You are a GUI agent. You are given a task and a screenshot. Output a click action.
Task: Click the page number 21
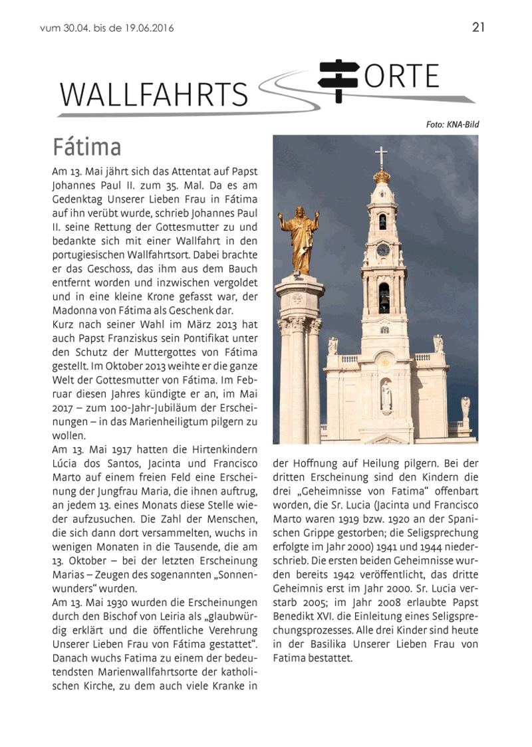coord(478,27)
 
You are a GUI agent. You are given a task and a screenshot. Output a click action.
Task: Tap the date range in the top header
coord(106,29)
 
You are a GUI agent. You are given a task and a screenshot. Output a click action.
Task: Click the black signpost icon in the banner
coord(338,80)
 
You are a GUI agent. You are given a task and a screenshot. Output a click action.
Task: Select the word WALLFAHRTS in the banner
coord(154,95)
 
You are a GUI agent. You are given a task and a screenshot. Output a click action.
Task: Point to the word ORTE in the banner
coord(402,77)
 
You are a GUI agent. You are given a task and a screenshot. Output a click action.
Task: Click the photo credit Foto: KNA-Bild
coord(452,124)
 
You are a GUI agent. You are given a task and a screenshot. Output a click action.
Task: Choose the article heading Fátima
coord(86,146)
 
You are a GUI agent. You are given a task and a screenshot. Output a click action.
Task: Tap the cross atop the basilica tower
coord(381,157)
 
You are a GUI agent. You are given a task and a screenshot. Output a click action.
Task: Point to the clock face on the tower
coord(382,250)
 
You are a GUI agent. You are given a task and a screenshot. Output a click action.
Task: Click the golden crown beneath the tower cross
coord(381,175)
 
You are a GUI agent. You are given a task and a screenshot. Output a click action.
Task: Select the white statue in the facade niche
coord(385,397)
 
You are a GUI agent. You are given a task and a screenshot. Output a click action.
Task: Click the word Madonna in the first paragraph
coord(74,311)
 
